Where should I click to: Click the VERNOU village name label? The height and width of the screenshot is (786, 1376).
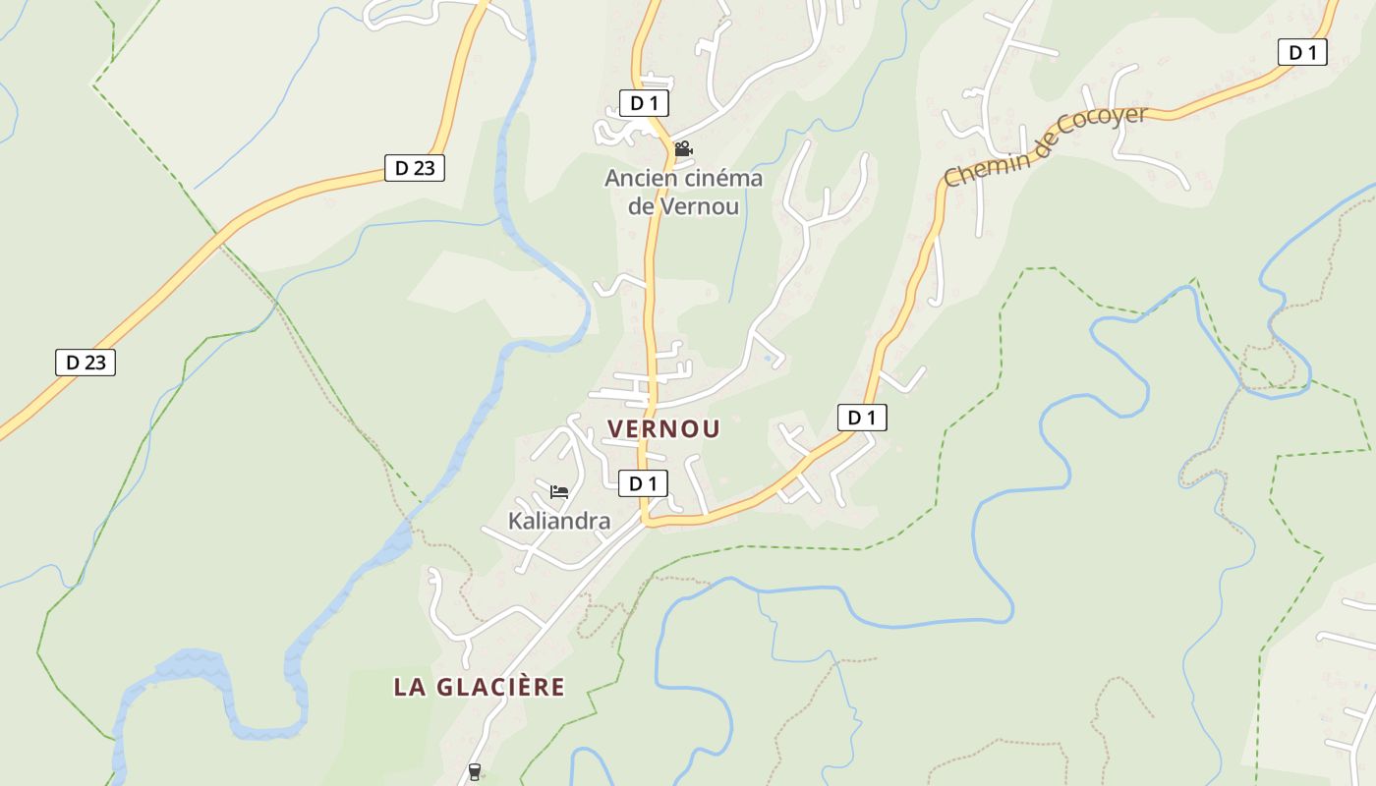(x=663, y=429)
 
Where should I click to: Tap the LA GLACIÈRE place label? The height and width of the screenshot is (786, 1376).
(x=479, y=687)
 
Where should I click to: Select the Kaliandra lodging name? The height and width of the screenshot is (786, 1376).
(x=558, y=521)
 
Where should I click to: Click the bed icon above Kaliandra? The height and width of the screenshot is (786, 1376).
(x=559, y=491)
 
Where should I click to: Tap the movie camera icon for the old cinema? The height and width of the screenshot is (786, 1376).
(x=683, y=149)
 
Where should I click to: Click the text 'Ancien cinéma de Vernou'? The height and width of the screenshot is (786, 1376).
(x=683, y=193)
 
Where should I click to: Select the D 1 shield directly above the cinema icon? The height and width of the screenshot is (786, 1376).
(x=644, y=103)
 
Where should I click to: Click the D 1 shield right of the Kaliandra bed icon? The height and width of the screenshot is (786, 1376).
(x=643, y=483)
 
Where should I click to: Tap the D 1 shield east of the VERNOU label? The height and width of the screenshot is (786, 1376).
(x=862, y=418)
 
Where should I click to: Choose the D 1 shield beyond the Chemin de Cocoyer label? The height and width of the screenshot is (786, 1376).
(x=1302, y=53)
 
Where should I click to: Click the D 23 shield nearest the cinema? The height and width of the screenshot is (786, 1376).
(x=414, y=168)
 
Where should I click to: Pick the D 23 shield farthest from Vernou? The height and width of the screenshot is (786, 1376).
(x=86, y=363)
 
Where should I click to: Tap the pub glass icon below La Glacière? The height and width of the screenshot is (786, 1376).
(x=475, y=772)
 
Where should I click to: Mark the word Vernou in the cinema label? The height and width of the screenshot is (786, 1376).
(x=700, y=206)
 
